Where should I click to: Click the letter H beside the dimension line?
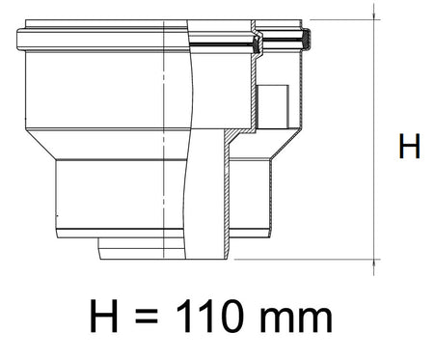[x=409, y=148]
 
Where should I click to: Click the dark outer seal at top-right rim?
[x=304, y=41]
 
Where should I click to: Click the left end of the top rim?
[x=21, y=41]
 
